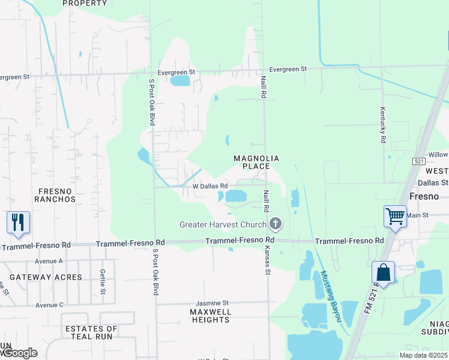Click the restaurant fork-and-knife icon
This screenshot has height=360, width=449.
18,223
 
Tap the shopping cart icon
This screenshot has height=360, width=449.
395,215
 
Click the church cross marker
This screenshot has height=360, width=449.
276,224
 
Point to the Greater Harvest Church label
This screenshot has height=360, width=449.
223,225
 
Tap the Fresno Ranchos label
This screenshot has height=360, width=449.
56,195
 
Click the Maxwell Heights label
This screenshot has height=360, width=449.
211,316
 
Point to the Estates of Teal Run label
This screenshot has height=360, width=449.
91,333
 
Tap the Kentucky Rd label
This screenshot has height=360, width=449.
382,125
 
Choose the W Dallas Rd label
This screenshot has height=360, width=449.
209,187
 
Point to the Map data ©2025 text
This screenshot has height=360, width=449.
423,355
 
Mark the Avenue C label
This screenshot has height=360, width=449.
49,305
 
